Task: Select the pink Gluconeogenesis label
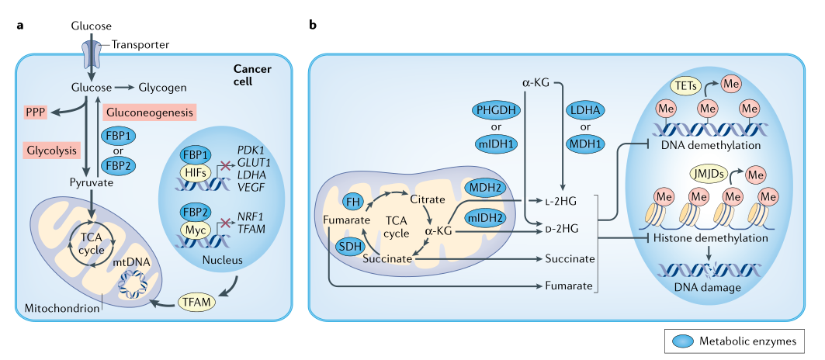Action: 149,112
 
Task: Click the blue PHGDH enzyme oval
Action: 499,110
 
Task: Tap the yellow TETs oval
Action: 685,85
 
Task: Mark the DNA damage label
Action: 708,289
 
